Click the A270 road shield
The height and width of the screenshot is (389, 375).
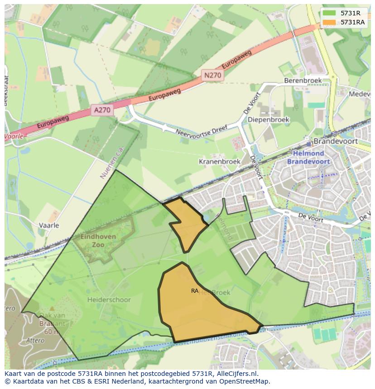pyautogui.click(x=102, y=109)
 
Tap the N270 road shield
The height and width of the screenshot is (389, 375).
pyautogui.click(x=212, y=75)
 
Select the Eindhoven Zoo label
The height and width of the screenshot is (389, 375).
pyautogui.click(x=98, y=241)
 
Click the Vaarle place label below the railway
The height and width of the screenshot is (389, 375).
pyautogui.click(x=49, y=225)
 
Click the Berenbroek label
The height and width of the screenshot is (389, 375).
pyautogui.click(x=303, y=80)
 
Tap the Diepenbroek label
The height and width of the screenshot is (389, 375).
pyautogui.click(x=269, y=120)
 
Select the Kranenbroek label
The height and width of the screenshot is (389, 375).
pyautogui.click(x=220, y=161)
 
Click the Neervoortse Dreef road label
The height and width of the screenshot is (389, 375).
pyautogui.click(x=200, y=133)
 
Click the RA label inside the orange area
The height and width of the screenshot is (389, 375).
pyautogui.click(x=195, y=291)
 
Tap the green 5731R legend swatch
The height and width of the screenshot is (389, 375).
pyautogui.click(x=329, y=13)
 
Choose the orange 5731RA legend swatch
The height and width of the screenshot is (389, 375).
pyautogui.click(x=329, y=22)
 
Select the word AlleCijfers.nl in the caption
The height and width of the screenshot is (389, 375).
pyautogui.click(x=236, y=374)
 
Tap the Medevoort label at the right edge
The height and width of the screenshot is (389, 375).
pyautogui.click(x=360, y=94)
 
